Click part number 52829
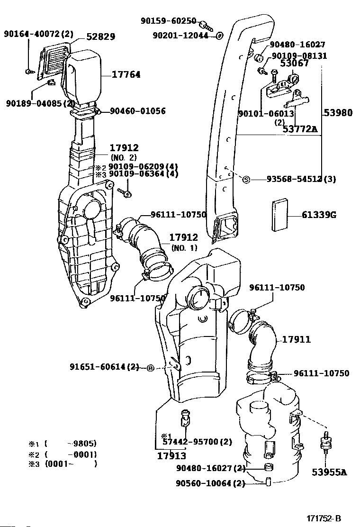(x=100, y=36)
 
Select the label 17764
(x=126, y=74)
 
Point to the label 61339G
(x=319, y=215)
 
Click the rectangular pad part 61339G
(x=279, y=215)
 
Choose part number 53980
(x=338, y=113)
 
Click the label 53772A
(x=300, y=128)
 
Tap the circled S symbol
(x=246, y=180)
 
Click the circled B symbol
(x=150, y=368)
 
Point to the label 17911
(x=297, y=339)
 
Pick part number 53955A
(x=329, y=472)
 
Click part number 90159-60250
(x=168, y=20)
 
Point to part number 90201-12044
(x=180, y=35)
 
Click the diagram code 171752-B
(x=324, y=518)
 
